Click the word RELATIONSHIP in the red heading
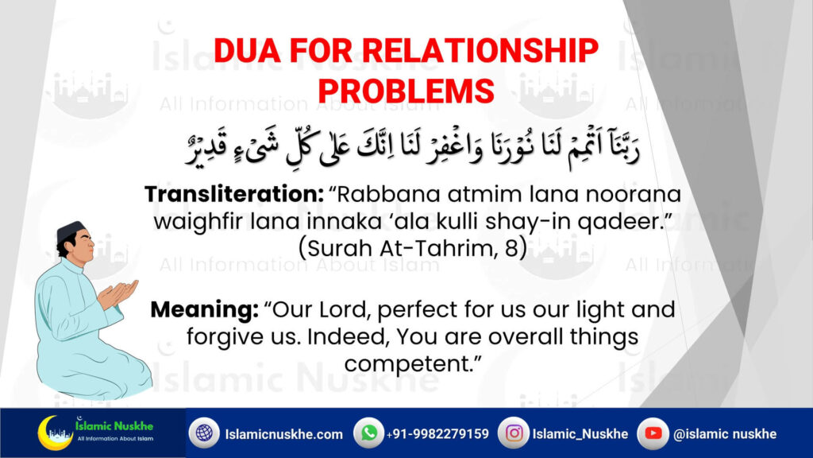[480, 51]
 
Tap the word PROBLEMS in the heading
[406, 91]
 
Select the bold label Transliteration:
[234, 194]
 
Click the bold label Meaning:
[204, 309]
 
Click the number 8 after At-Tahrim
[511, 248]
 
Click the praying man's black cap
[70, 230]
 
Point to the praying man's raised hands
[118, 294]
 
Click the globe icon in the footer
[204, 433]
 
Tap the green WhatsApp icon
[369, 433]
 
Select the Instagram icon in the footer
[514, 433]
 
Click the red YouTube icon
[653, 433]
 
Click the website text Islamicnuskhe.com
[283, 434]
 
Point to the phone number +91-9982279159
[437, 433]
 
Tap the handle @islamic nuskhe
[725, 433]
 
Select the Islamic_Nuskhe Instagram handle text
[580, 433]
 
